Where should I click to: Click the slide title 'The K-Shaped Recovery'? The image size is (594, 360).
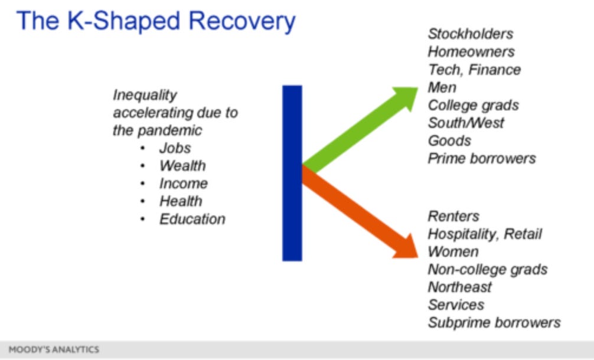coord(156,21)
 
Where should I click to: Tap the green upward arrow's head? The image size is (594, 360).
coord(407,97)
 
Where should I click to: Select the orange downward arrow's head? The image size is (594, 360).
coord(407,247)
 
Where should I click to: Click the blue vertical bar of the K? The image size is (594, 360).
coord(292,173)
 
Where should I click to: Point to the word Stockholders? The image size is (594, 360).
coord(471,34)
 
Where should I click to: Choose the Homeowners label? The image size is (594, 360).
coord(471,52)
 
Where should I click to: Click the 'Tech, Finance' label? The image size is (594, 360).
coord(474,70)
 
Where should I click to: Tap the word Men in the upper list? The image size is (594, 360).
coord(442,87)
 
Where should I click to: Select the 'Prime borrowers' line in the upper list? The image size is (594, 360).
coord(482,159)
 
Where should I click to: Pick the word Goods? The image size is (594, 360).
coord(450,141)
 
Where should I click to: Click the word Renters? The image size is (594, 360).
coord(453,216)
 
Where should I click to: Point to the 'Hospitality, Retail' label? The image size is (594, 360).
coord(485,234)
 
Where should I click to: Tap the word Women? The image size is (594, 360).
coord(453,252)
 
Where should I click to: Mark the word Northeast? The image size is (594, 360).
coord(459,287)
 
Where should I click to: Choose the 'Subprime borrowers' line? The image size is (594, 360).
coord(494,323)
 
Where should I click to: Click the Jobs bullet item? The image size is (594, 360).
coord(175,148)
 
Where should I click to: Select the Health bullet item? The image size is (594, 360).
coord(181,201)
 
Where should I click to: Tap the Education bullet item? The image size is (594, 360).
coord(192,219)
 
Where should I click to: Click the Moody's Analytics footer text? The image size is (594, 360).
coord(54,349)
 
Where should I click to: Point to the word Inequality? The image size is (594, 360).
coord(145,96)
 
